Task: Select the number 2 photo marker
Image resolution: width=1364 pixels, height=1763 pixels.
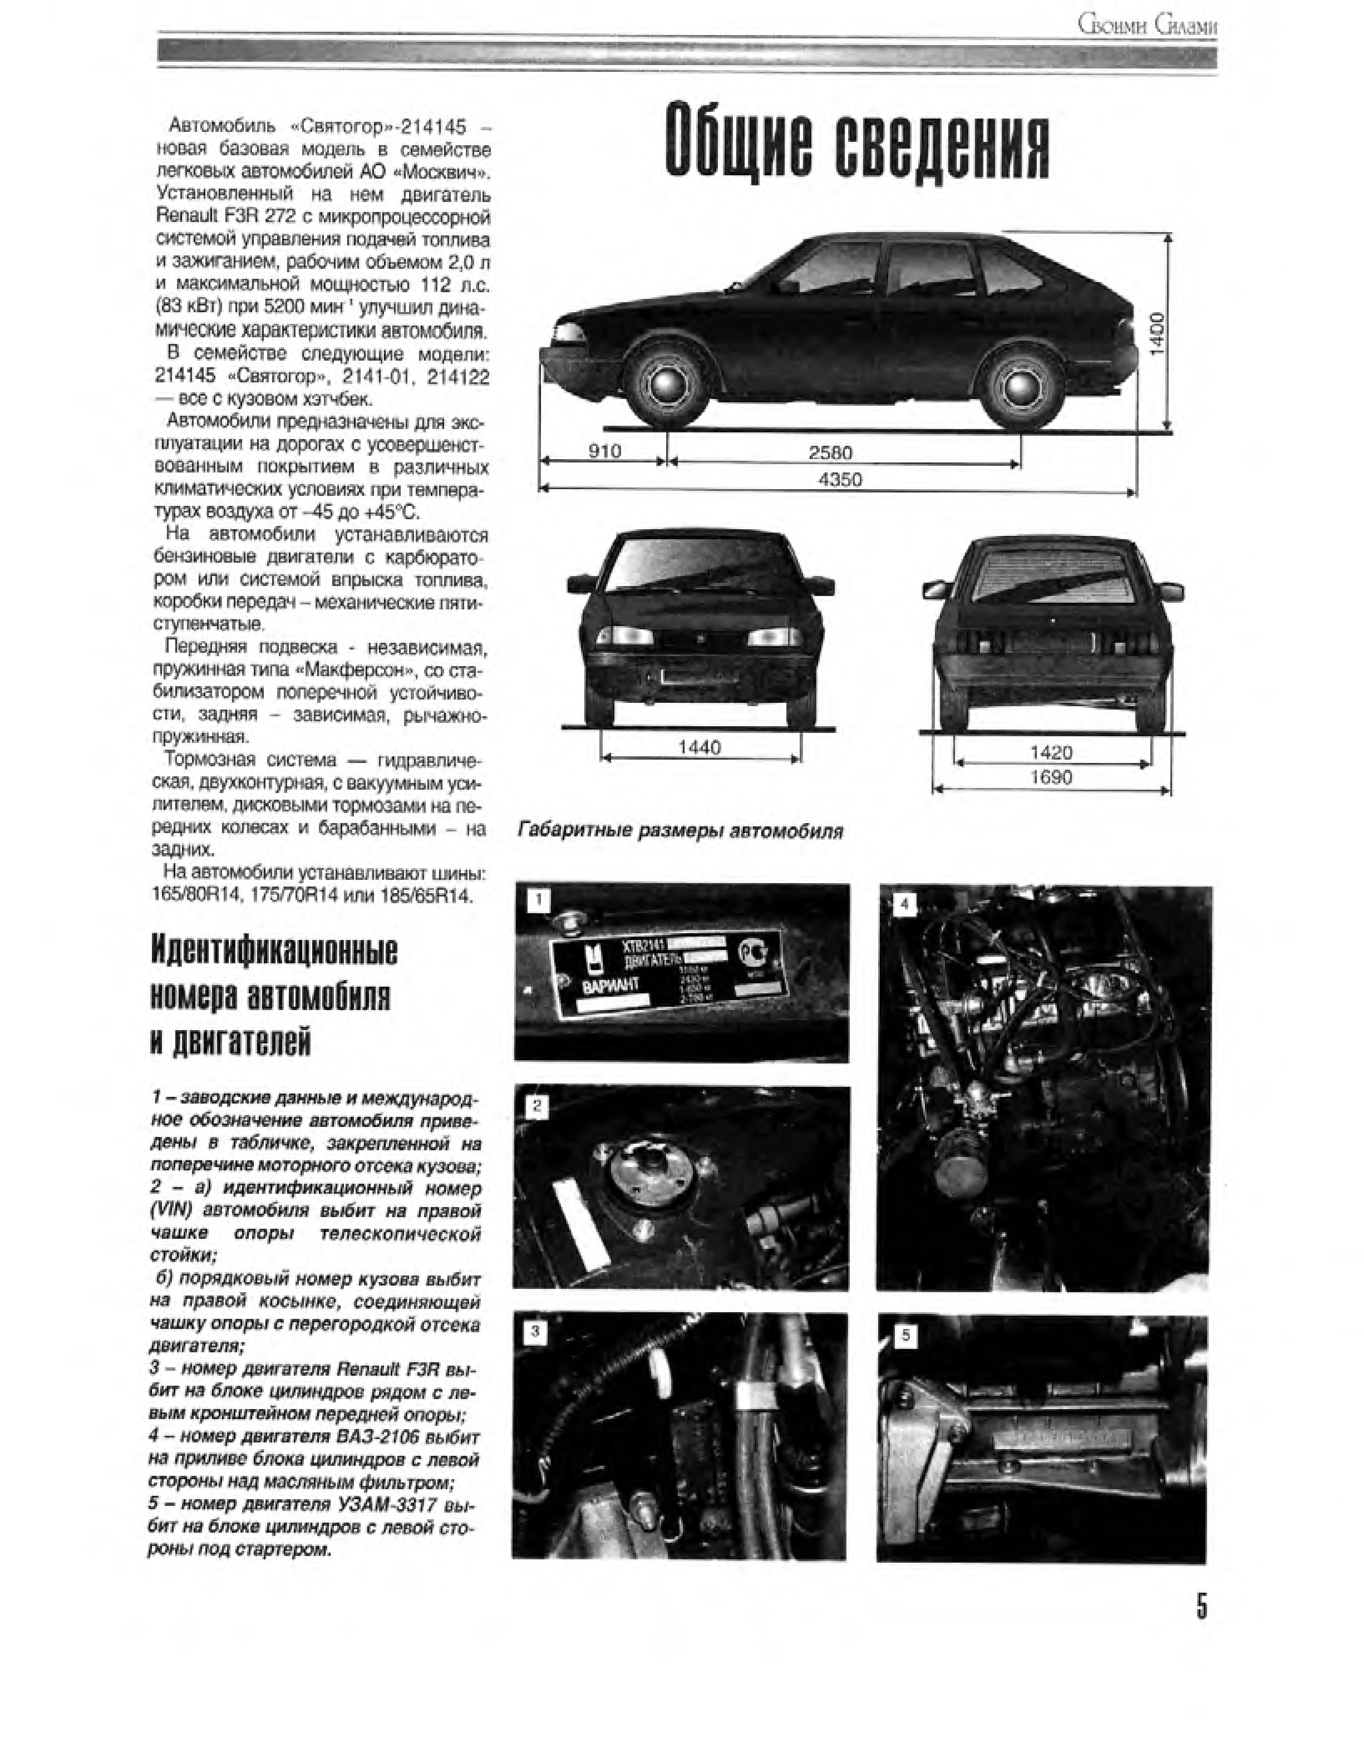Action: [536, 1107]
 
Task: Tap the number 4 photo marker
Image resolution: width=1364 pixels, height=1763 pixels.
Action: [905, 904]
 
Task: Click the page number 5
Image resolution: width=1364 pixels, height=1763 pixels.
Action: [1201, 1606]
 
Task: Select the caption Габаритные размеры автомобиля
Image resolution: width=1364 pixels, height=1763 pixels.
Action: [679, 831]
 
